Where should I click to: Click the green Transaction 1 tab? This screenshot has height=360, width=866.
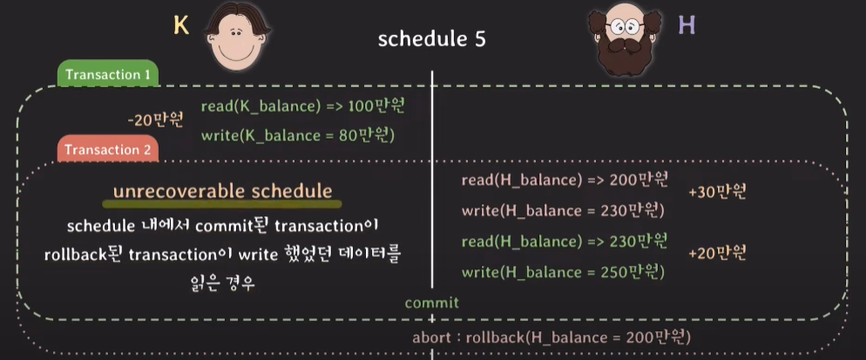point(108,73)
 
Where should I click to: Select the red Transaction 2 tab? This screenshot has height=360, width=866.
point(108,149)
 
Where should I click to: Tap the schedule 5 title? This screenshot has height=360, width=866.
point(432,40)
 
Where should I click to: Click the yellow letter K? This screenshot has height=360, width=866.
point(181,25)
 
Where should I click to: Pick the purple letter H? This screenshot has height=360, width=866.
point(687,25)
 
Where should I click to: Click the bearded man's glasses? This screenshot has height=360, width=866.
point(625,26)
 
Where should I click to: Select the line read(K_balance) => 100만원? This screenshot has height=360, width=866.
point(307,106)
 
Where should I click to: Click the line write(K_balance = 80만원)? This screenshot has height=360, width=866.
point(298,135)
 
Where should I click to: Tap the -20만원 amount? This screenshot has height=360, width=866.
point(155,120)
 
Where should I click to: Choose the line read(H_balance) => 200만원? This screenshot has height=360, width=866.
point(565,180)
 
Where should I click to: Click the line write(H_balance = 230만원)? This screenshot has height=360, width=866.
point(563,211)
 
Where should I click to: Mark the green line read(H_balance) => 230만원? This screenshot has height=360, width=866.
point(565,241)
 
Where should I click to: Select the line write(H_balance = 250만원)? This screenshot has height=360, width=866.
point(563,272)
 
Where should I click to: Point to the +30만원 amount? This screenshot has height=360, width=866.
point(718,192)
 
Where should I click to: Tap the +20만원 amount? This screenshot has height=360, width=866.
point(718,254)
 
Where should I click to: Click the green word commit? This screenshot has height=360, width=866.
point(432,303)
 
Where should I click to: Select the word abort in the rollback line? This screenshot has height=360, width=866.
point(432,336)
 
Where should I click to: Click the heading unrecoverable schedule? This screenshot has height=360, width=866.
point(222,192)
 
